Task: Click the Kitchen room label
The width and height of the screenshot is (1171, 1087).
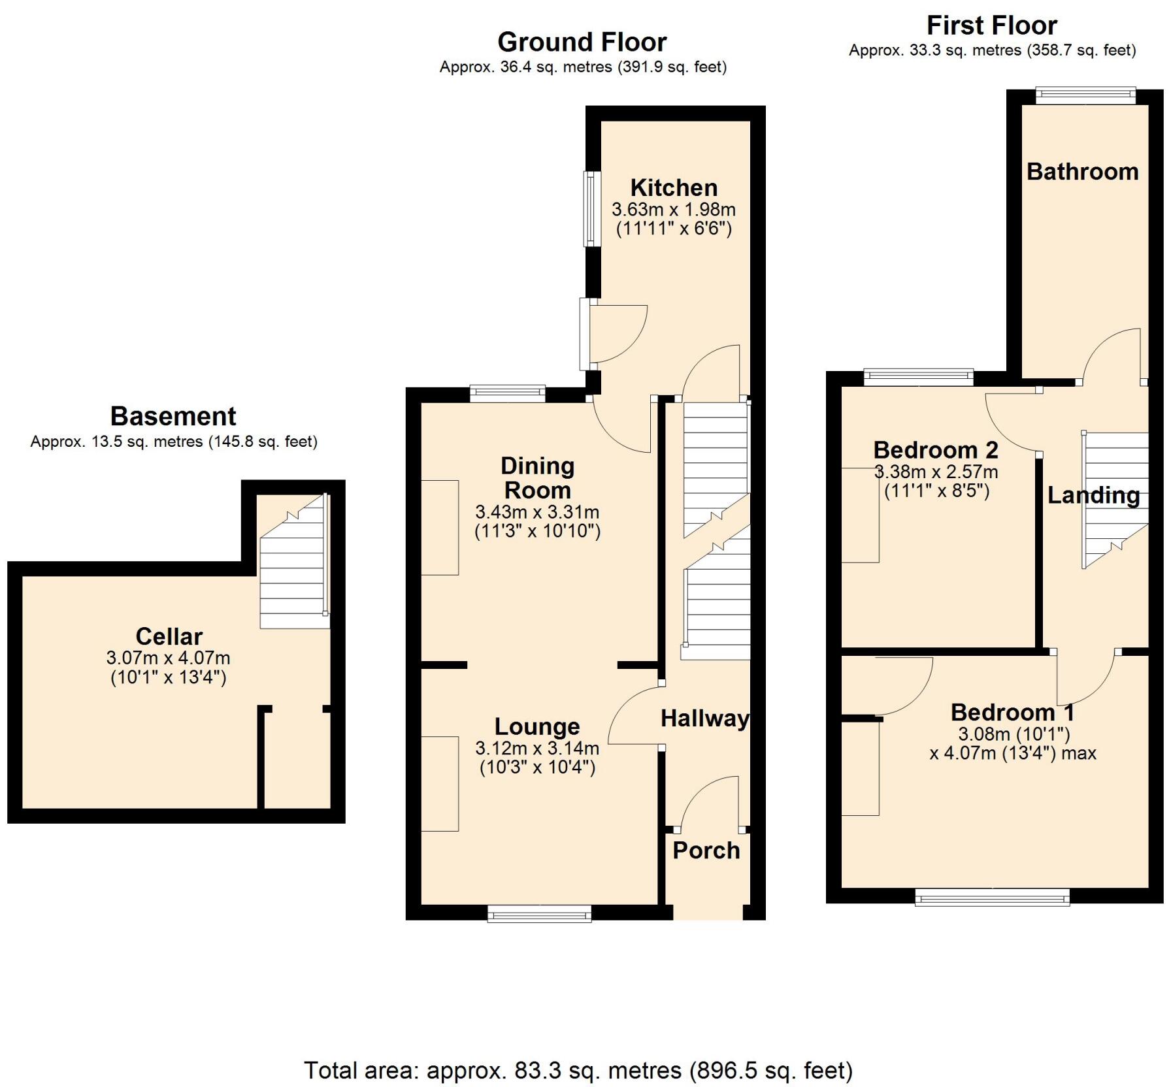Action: click(x=674, y=188)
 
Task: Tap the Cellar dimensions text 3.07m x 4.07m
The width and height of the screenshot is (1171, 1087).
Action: click(x=168, y=658)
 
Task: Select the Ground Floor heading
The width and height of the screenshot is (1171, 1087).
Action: click(x=582, y=42)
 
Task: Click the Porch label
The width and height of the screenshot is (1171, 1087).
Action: click(x=706, y=851)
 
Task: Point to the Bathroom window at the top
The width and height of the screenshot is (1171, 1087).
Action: click(x=1085, y=95)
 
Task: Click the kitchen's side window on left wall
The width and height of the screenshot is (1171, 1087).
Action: click(x=592, y=208)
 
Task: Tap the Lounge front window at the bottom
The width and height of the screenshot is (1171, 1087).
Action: click(x=540, y=913)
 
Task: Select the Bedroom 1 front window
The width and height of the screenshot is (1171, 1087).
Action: click(x=992, y=897)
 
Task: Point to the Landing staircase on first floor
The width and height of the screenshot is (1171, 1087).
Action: click(x=1115, y=500)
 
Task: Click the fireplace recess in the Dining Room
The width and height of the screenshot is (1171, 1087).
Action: click(x=440, y=527)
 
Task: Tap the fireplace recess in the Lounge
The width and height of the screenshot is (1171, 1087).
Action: click(x=440, y=784)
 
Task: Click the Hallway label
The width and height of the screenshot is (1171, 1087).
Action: click(x=704, y=719)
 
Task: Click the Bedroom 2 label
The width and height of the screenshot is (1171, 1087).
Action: click(x=935, y=450)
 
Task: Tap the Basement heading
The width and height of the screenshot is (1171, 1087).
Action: click(x=173, y=416)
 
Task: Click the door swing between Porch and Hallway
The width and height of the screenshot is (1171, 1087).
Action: click(x=709, y=803)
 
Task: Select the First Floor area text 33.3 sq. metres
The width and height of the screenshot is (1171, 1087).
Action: click(x=992, y=50)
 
